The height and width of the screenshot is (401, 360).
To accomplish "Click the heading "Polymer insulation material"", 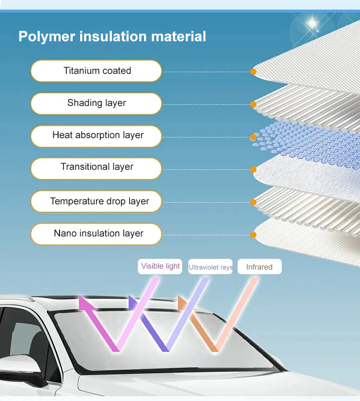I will tap(112, 36).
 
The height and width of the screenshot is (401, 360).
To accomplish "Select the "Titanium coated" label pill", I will tap(96, 71).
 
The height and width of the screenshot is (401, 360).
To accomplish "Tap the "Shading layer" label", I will tap(96, 103).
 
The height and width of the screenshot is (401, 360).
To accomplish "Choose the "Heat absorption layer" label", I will tap(96, 135).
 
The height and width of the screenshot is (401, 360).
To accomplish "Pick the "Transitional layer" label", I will tap(96, 167).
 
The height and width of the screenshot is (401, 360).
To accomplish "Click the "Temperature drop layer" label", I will tap(96, 201).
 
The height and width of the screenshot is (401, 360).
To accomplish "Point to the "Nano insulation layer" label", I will tap(96, 234).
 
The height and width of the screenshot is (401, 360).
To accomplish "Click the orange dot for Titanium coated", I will tap(253, 72).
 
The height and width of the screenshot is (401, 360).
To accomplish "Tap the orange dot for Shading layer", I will tap(253, 104).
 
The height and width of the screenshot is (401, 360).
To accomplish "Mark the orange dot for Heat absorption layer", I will tap(253, 137).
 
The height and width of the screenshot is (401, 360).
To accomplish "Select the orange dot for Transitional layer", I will tap(253, 169).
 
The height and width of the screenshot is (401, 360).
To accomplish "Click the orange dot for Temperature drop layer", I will tap(253, 202).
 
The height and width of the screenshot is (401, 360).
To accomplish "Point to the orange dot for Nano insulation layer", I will tap(253, 235).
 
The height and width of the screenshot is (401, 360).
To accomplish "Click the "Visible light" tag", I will tap(160, 266).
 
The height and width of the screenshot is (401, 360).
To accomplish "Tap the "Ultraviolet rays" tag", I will tap(210, 267).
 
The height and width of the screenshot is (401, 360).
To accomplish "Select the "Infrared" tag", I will tap(259, 267).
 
